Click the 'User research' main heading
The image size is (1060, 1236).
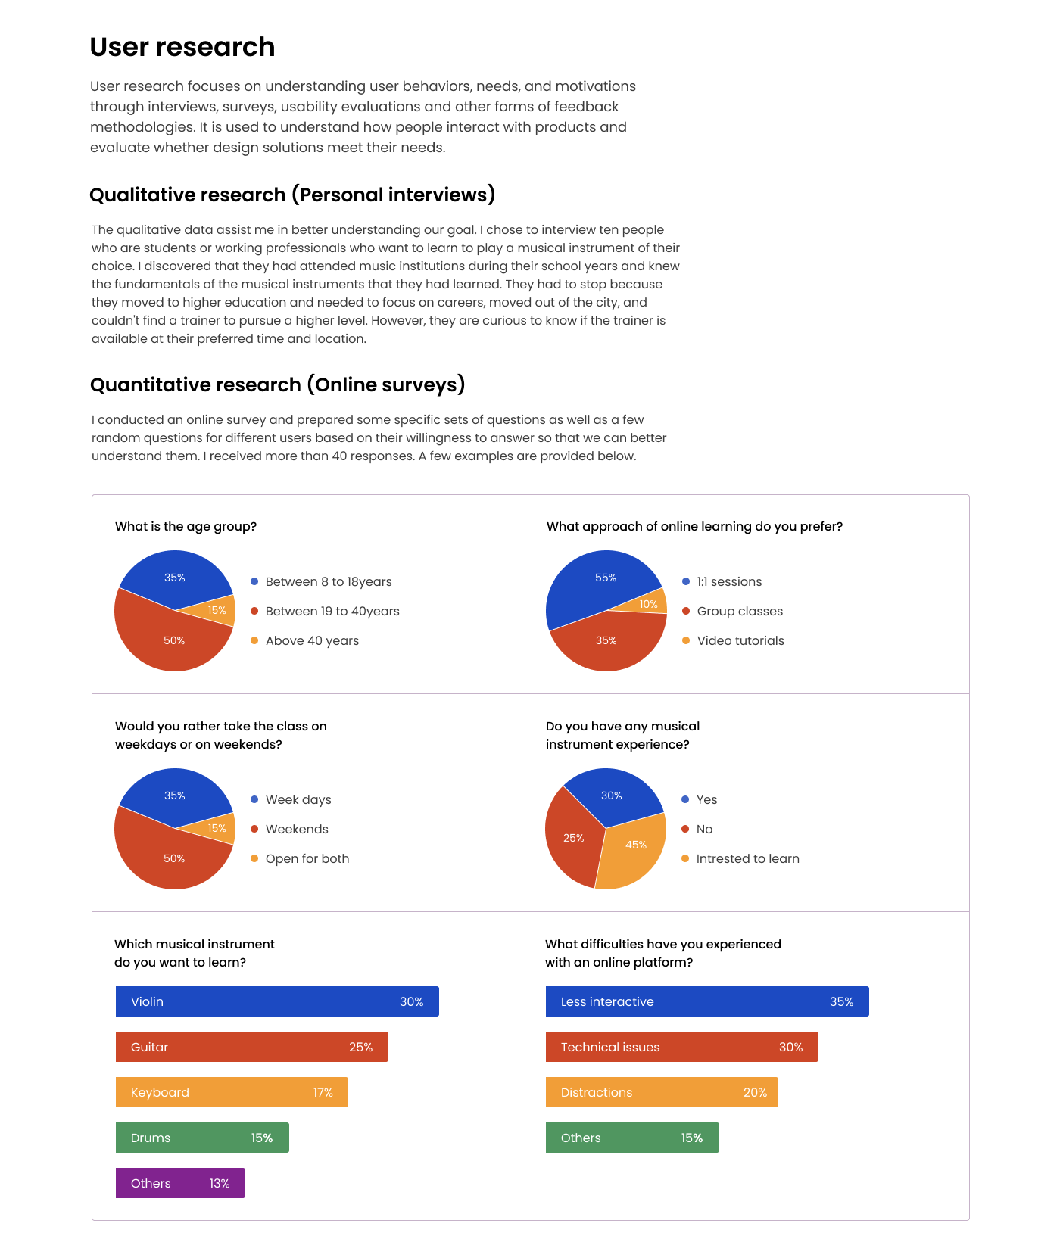pos(182,47)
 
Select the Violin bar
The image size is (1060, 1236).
pos(277,1001)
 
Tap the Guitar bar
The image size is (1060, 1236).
pos(251,1047)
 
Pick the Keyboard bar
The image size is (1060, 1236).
pos(232,1092)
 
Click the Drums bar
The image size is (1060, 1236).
pos(202,1138)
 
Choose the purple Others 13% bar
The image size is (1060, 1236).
pos(180,1183)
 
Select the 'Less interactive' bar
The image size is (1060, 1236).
pos(707,1001)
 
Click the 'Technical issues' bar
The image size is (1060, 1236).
pos(681,1047)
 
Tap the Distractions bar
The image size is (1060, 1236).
pos(662,1092)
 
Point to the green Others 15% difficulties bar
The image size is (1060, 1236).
pos(632,1138)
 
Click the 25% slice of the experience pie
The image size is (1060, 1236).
pos(572,836)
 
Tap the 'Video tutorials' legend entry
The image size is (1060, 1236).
pos(740,640)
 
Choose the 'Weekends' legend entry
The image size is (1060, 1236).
pos(297,829)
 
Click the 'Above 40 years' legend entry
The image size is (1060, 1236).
pos(312,640)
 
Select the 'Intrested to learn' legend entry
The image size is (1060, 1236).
pos(747,858)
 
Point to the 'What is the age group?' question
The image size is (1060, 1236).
pos(185,526)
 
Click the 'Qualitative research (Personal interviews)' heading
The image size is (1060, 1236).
pos(292,195)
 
